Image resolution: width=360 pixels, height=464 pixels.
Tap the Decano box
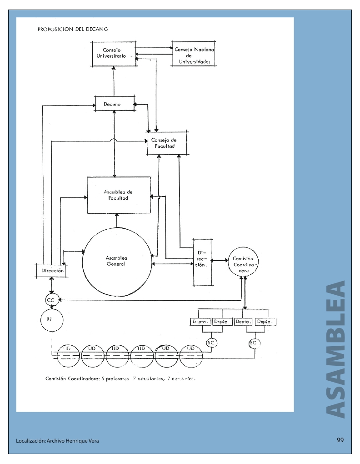coord(115,104)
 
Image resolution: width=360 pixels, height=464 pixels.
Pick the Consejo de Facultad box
coord(167,143)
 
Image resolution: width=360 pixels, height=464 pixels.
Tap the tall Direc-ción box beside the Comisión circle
coord(202,262)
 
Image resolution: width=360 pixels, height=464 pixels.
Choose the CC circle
coord(50,300)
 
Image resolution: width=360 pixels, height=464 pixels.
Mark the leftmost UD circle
coord(67,353)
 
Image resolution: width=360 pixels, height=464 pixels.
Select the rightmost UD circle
coord(191,353)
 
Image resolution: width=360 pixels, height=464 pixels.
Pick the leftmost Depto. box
coord(200,322)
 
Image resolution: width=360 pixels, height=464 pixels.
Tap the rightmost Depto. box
coord(265,322)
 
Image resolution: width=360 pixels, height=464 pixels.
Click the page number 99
coord(340,440)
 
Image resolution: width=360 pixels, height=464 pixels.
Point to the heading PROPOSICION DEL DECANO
coord(73,30)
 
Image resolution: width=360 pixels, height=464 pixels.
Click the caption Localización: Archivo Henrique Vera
coord(57,441)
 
